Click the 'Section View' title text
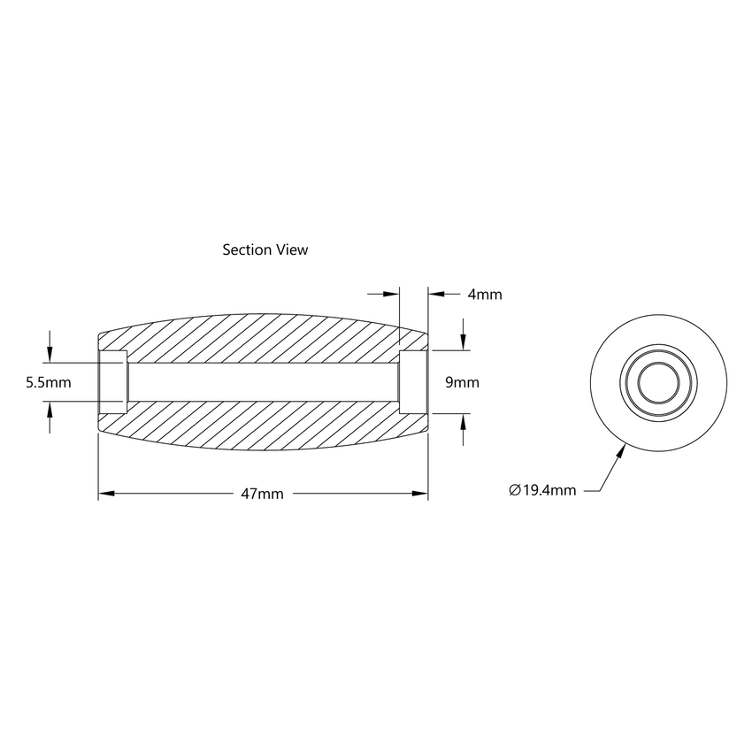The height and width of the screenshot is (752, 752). pyautogui.click(x=265, y=250)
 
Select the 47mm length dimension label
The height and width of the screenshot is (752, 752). pyautogui.click(x=262, y=494)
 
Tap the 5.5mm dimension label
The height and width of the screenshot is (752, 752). pyautogui.click(x=49, y=382)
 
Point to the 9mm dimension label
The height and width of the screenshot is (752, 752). pyautogui.click(x=461, y=382)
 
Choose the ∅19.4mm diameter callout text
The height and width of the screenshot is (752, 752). pyautogui.click(x=542, y=490)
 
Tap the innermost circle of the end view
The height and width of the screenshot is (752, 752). pyautogui.click(x=658, y=382)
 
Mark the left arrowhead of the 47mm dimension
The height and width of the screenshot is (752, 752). pyautogui.click(x=104, y=494)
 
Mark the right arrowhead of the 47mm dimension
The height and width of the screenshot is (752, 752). pyautogui.click(x=422, y=494)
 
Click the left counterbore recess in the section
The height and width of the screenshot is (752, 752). pyautogui.click(x=111, y=382)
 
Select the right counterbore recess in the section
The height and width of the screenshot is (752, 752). pyautogui.click(x=414, y=382)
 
